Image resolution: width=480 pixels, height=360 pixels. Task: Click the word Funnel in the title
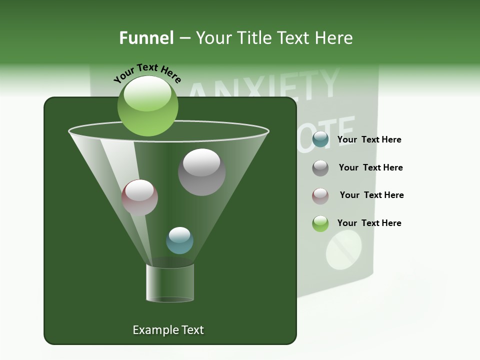tap(146, 38)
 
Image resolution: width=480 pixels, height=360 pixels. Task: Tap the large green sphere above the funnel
tap(147, 105)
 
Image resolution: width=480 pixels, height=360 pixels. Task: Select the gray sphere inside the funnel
tap(202, 171)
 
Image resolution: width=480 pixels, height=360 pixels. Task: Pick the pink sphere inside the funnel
tap(139, 197)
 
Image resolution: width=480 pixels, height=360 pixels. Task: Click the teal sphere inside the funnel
tap(179, 240)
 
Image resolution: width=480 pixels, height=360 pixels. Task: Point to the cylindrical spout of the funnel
tap(170, 283)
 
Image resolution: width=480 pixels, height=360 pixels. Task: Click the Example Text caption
tap(168, 330)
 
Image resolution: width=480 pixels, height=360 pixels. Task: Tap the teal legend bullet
tap(320, 140)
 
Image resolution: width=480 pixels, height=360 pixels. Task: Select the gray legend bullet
tap(320, 168)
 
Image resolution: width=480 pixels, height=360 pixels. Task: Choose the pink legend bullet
tap(320, 195)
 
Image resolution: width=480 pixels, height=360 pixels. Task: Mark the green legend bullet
tap(320, 223)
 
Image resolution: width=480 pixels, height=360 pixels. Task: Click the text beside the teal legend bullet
tap(369, 140)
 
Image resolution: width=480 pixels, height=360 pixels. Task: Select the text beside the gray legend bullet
tap(370, 168)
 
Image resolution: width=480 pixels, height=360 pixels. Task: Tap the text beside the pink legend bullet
tap(371, 195)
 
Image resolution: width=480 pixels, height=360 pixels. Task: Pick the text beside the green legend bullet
tap(369, 223)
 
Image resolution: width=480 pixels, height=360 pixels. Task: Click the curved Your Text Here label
tap(147, 72)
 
